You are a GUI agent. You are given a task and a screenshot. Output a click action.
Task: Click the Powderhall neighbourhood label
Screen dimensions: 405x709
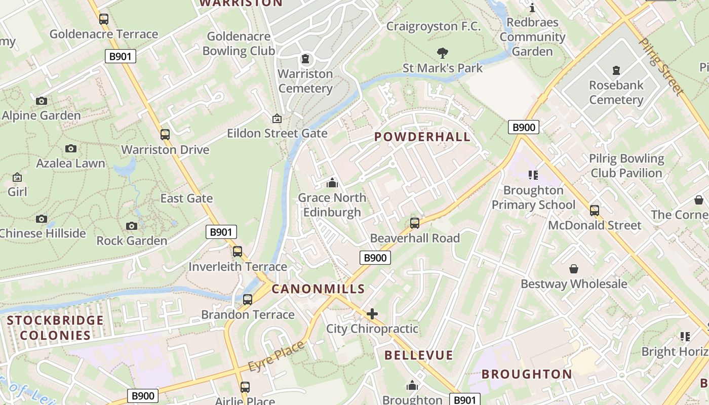coord(422,137)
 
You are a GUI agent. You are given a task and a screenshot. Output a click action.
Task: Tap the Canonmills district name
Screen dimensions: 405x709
coord(318,289)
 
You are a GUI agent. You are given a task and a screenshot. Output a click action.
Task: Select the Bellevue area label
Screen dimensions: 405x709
coord(418,355)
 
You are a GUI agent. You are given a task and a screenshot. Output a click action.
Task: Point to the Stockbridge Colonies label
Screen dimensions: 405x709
coord(55,328)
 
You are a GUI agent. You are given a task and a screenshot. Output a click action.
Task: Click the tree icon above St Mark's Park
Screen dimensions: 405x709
coord(443,53)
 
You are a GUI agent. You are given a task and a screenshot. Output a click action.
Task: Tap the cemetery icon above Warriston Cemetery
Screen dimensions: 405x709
coord(305,59)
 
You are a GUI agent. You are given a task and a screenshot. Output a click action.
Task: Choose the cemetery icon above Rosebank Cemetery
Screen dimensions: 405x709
coord(616,70)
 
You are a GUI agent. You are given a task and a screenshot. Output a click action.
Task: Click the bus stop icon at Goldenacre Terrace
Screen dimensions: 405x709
coord(104,19)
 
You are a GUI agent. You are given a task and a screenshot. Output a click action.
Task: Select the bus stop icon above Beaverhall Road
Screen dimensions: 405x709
coord(415,223)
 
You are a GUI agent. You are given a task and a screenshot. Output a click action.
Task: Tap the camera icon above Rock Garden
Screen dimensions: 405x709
coord(132,226)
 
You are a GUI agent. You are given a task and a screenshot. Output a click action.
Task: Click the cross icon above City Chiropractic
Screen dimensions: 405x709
coord(372,314)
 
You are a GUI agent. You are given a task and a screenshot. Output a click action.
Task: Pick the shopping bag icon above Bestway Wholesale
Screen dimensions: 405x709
coord(574,269)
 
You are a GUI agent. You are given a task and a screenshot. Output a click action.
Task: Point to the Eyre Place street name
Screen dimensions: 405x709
coord(277,355)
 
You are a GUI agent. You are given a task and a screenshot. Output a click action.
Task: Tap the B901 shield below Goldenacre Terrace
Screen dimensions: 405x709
coord(121,56)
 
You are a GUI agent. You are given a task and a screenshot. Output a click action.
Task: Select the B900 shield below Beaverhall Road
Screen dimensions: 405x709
coord(375,258)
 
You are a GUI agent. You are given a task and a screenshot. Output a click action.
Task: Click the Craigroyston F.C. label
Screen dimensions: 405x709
coord(434,26)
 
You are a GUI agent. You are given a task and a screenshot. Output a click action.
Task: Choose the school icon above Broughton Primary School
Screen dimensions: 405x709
coord(533,175)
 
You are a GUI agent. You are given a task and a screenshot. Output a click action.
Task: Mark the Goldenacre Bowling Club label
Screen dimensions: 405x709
coord(239,44)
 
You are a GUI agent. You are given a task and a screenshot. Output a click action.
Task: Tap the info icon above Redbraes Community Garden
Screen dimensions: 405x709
coord(532,8)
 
